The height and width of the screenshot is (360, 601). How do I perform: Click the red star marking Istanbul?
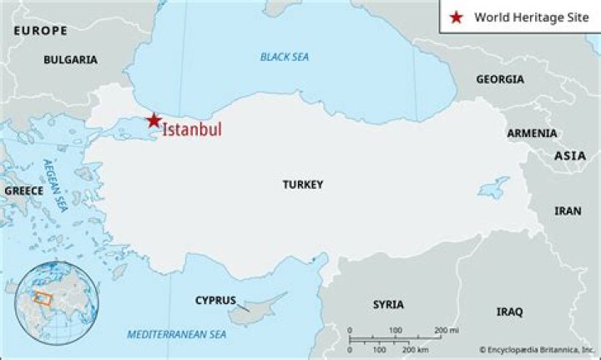coord(154,120)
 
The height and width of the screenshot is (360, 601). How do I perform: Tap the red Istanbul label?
coord(191,129)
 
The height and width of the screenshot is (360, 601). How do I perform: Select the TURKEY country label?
coord(302,185)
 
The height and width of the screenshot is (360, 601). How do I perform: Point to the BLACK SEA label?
coord(285,57)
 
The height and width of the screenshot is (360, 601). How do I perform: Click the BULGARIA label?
coord(70,60)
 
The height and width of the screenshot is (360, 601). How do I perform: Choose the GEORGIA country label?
coord(500,79)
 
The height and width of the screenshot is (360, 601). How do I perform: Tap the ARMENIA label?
coord(532,133)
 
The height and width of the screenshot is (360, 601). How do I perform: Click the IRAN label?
coord(568,211)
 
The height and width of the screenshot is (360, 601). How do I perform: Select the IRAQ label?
coord(509,312)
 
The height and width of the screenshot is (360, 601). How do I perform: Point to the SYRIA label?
coord(388,304)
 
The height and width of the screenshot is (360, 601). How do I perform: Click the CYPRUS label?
coord(215,300)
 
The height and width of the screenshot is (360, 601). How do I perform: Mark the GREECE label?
coord(23,190)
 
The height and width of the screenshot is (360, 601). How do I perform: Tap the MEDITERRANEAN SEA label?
coord(176,335)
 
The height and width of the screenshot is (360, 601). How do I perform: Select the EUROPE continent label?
coord(40,30)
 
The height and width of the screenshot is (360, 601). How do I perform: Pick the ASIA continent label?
coord(570,156)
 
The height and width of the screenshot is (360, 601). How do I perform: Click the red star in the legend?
coord(455,17)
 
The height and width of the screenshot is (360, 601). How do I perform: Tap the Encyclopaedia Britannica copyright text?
coord(538,349)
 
